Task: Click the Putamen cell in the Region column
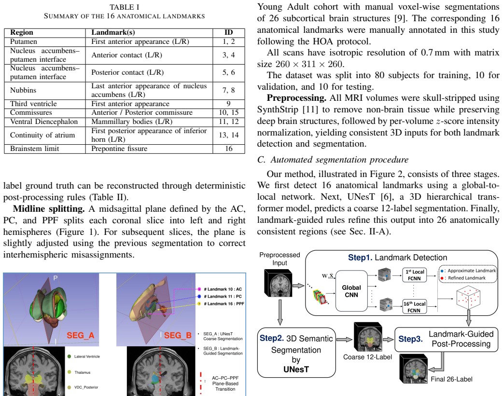click(24, 41)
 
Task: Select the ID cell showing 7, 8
click(229, 90)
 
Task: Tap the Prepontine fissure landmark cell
click(119, 149)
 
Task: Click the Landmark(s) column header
click(113, 32)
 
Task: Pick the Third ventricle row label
click(33, 104)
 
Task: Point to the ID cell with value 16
click(229, 149)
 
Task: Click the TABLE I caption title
click(125, 7)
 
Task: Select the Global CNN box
click(351, 291)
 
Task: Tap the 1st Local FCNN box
click(415, 275)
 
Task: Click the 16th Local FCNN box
click(415, 307)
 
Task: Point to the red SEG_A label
click(81, 335)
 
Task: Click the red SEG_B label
click(178, 335)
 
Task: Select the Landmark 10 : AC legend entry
click(220, 289)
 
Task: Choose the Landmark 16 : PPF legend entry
click(221, 304)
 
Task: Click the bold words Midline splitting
click(49, 209)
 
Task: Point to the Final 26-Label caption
click(451, 379)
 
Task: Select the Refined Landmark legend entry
click(464, 278)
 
